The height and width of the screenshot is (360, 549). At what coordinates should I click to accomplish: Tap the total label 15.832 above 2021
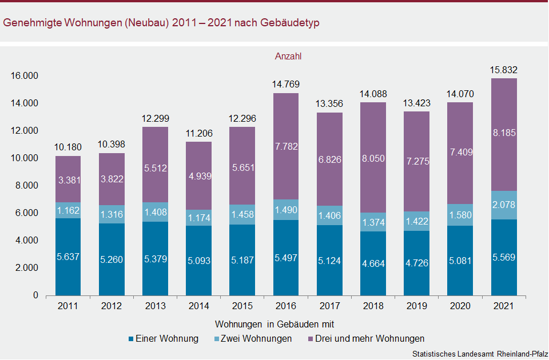click(x=504, y=70)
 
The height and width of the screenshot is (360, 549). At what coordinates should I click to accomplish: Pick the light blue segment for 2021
click(x=504, y=205)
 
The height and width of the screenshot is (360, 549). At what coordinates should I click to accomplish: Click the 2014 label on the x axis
click(x=198, y=307)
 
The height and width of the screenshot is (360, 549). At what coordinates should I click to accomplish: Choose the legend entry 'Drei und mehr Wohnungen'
click(x=366, y=339)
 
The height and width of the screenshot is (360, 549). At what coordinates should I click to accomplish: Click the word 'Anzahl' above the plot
click(x=288, y=57)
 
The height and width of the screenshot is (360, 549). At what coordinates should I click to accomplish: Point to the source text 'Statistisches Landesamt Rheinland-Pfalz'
click(x=479, y=354)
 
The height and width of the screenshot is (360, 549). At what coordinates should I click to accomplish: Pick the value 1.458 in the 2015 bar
click(x=242, y=215)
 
